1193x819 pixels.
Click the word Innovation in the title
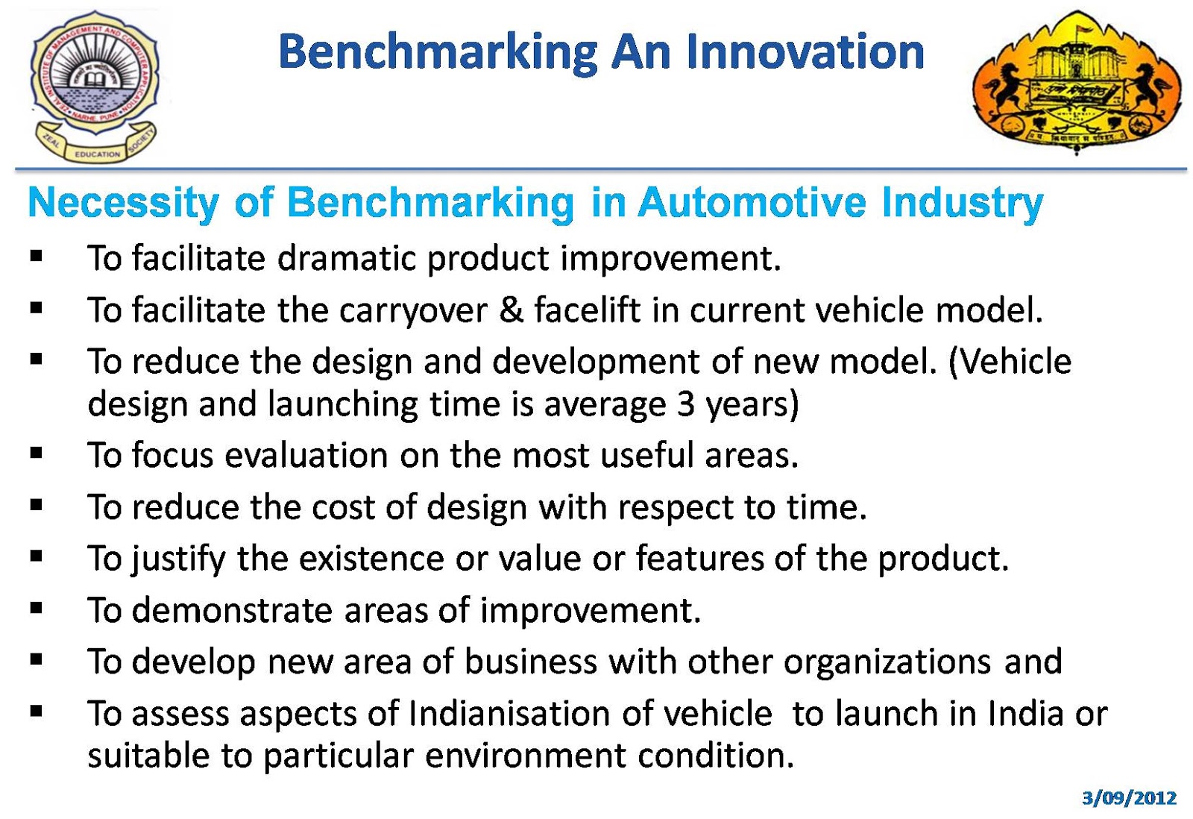[805, 51]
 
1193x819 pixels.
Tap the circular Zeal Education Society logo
[95, 84]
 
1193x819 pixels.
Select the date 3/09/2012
[1129, 798]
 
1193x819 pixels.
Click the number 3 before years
[686, 404]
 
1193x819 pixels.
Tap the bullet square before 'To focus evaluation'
[37, 452]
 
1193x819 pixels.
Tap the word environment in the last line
[526, 756]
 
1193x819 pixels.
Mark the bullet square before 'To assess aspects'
[37, 711]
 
